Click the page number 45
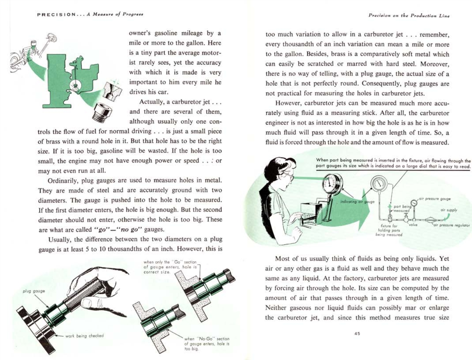357,334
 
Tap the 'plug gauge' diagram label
34,291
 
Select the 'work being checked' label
84,336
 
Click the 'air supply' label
448,210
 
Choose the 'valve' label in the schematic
413,225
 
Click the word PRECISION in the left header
56,14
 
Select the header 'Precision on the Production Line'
409,16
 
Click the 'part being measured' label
402,209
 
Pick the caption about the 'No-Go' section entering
206,343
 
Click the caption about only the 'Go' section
170,267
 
